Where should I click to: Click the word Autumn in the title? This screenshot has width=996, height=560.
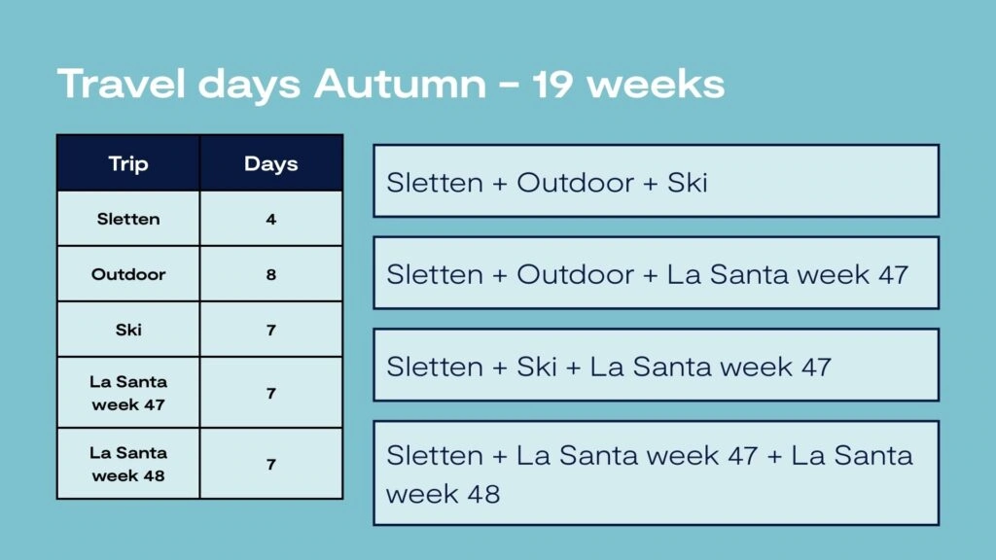[x=400, y=84]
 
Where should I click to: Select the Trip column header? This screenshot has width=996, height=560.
[x=128, y=163]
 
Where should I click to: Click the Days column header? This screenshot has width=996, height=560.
[x=271, y=163]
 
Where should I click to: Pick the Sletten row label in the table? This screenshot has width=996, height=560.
[x=128, y=219]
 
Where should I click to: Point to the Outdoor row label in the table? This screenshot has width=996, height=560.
[x=128, y=274]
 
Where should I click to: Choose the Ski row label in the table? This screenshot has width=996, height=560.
[x=128, y=330]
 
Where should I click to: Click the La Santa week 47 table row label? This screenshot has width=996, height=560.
[x=128, y=393]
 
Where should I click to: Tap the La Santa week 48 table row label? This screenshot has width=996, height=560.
[x=128, y=464]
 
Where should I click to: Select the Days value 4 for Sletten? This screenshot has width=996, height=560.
[x=271, y=219]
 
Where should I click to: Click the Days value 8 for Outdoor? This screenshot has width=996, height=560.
[x=271, y=274]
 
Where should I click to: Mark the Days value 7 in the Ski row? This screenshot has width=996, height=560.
[x=271, y=331]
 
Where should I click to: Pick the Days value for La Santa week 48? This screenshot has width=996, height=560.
[x=271, y=465]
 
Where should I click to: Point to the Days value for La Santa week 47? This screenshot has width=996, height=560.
[x=271, y=394]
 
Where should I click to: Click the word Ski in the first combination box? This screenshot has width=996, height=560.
[x=688, y=183]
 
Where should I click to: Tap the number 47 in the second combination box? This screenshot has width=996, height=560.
[x=894, y=275]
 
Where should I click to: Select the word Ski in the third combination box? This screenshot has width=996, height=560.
[x=537, y=367]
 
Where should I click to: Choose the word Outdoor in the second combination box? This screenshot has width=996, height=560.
[x=576, y=275]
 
